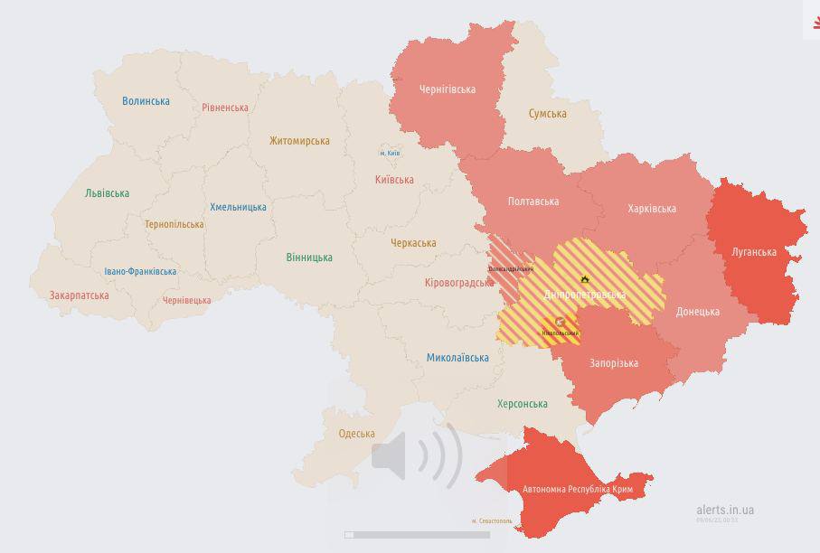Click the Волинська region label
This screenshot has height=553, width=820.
(146, 101)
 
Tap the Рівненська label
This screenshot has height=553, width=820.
(225, 108)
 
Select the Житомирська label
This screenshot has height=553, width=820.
(299, 141)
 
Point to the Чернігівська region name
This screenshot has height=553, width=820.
(447, 89)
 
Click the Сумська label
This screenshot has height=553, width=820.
(547, 114)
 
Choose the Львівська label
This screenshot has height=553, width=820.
(107, 193)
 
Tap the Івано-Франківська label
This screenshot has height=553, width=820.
(140, 271)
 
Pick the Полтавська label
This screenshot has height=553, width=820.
(533, 202)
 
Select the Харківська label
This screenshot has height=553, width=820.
(651, 209)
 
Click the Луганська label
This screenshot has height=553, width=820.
(753, 252)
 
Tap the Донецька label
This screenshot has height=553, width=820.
(697, 312)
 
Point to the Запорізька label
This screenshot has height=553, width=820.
(614, 363)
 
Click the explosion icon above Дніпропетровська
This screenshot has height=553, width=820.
(585, 279)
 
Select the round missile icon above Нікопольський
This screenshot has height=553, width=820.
(560, 322)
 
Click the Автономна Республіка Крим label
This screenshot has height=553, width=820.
(577, 490)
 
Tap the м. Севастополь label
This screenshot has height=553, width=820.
(492, 520)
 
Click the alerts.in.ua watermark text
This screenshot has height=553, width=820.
(724, 510)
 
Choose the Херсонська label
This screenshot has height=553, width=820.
(523, 404)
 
